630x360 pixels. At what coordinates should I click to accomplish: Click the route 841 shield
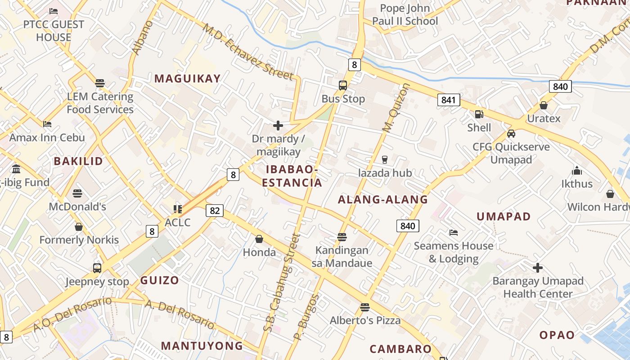449,100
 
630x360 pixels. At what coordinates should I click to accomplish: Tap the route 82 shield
215,210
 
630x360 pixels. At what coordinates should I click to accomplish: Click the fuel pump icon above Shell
479,115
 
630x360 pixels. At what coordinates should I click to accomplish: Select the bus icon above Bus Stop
343,85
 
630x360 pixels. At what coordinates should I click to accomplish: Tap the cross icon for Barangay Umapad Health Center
537,268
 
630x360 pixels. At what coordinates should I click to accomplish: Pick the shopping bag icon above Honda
259,239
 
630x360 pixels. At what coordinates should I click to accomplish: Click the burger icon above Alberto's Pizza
365,307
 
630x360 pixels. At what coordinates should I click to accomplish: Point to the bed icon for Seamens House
454,233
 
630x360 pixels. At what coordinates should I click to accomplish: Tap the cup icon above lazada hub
385,160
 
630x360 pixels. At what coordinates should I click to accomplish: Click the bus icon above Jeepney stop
97,268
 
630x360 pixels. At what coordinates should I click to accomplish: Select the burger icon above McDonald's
77,193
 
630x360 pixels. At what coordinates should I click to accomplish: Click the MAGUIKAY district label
188,79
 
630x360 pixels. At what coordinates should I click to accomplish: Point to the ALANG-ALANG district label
383,200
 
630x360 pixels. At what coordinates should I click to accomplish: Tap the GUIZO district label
160,280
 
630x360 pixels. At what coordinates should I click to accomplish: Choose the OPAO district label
557,335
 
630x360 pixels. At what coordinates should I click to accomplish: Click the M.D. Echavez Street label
247,51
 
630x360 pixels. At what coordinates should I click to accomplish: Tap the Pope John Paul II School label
405,15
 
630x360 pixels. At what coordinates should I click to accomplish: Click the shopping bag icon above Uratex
544,106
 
